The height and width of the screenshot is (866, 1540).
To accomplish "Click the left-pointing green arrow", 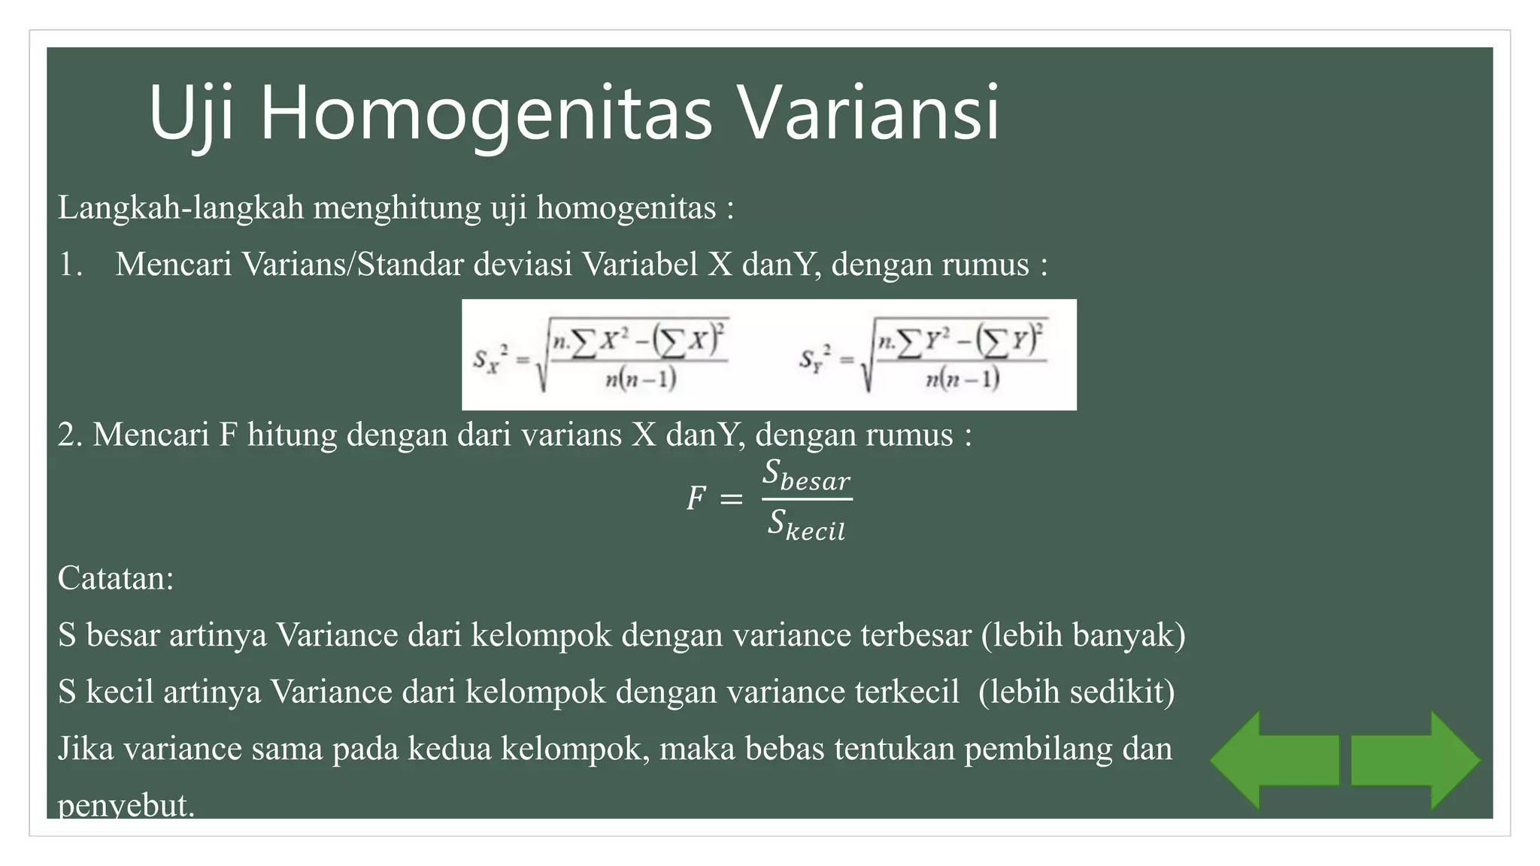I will point(1274,760).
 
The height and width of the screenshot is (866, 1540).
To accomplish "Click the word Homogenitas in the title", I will point(486,114).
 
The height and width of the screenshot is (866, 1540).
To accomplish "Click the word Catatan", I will point(116,578).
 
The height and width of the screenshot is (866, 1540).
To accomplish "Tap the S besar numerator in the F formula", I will point(806,477).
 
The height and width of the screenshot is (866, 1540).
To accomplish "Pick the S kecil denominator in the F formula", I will point(806,525).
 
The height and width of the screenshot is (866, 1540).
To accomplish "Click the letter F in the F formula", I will point(696,498).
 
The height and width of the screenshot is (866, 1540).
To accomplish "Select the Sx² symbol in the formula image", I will point(490,359).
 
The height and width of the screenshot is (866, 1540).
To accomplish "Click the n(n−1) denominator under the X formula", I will point(641,379).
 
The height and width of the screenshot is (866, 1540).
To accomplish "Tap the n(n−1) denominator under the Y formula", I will point(962,379).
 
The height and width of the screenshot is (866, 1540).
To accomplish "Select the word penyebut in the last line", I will point(126,805).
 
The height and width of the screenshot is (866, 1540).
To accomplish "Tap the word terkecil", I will point(907,692).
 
